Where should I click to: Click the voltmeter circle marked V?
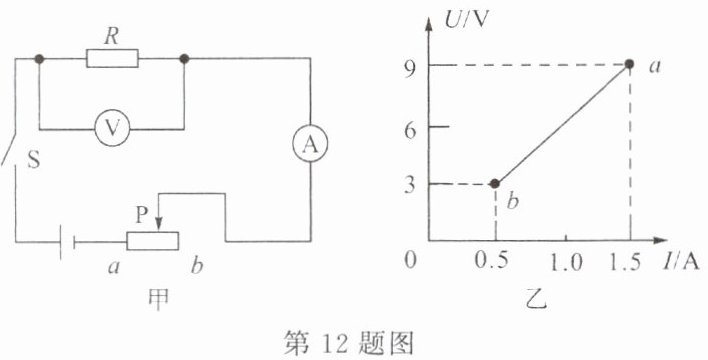coord(112,128)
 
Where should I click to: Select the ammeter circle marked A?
coord(310,144)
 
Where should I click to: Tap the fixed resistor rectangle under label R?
coord(112,59)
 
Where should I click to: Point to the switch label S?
coord(34,159)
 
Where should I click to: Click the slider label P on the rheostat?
coord(142,216)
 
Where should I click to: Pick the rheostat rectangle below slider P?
coord(153,241)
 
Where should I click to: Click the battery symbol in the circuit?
coord(68,243)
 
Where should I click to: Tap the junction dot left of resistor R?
coord(39,59)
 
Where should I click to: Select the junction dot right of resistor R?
coord(184,59)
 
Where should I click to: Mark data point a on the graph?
coord(629,64)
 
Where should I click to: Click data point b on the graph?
coord(495,183)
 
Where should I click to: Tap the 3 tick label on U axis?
coord(410,186)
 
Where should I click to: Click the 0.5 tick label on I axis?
coord(492,262)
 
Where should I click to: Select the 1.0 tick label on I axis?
coord(564,262)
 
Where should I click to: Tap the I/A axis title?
coord(680,262)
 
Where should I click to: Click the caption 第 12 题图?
coord(348,345)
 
